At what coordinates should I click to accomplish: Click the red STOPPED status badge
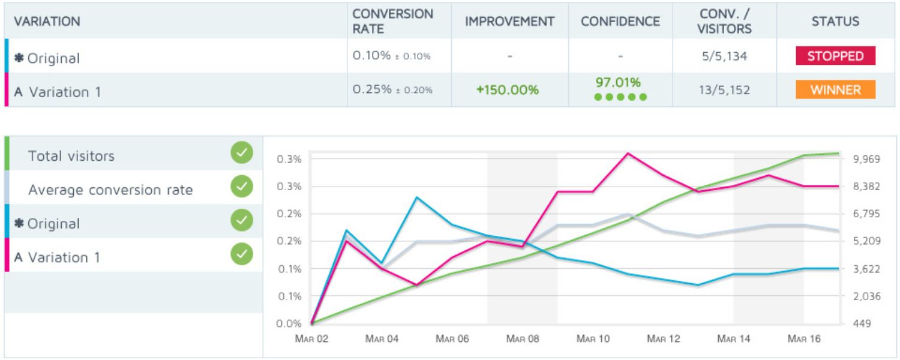pos(835,56)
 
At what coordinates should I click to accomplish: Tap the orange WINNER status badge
pos(835,90)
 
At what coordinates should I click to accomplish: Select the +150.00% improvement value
pos(507,90)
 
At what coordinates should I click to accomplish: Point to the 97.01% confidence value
pos(618,82)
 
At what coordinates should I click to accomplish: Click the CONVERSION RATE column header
pos(392,21)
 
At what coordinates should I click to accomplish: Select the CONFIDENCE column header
pos(620,21)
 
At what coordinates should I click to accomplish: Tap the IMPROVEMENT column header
pos(509,21)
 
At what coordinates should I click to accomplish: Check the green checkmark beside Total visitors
pos(241,153)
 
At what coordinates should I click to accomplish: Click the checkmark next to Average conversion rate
pos(241,187)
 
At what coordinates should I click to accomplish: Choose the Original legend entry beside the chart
pos(53,224)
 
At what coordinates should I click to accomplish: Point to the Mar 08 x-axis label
pos(523,339)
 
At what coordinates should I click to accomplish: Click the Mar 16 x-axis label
pos(804,339)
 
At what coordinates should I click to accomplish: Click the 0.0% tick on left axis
pos(290,323)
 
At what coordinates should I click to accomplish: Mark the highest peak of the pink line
pos(628,153)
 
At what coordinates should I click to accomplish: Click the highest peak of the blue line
pos(417,197)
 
